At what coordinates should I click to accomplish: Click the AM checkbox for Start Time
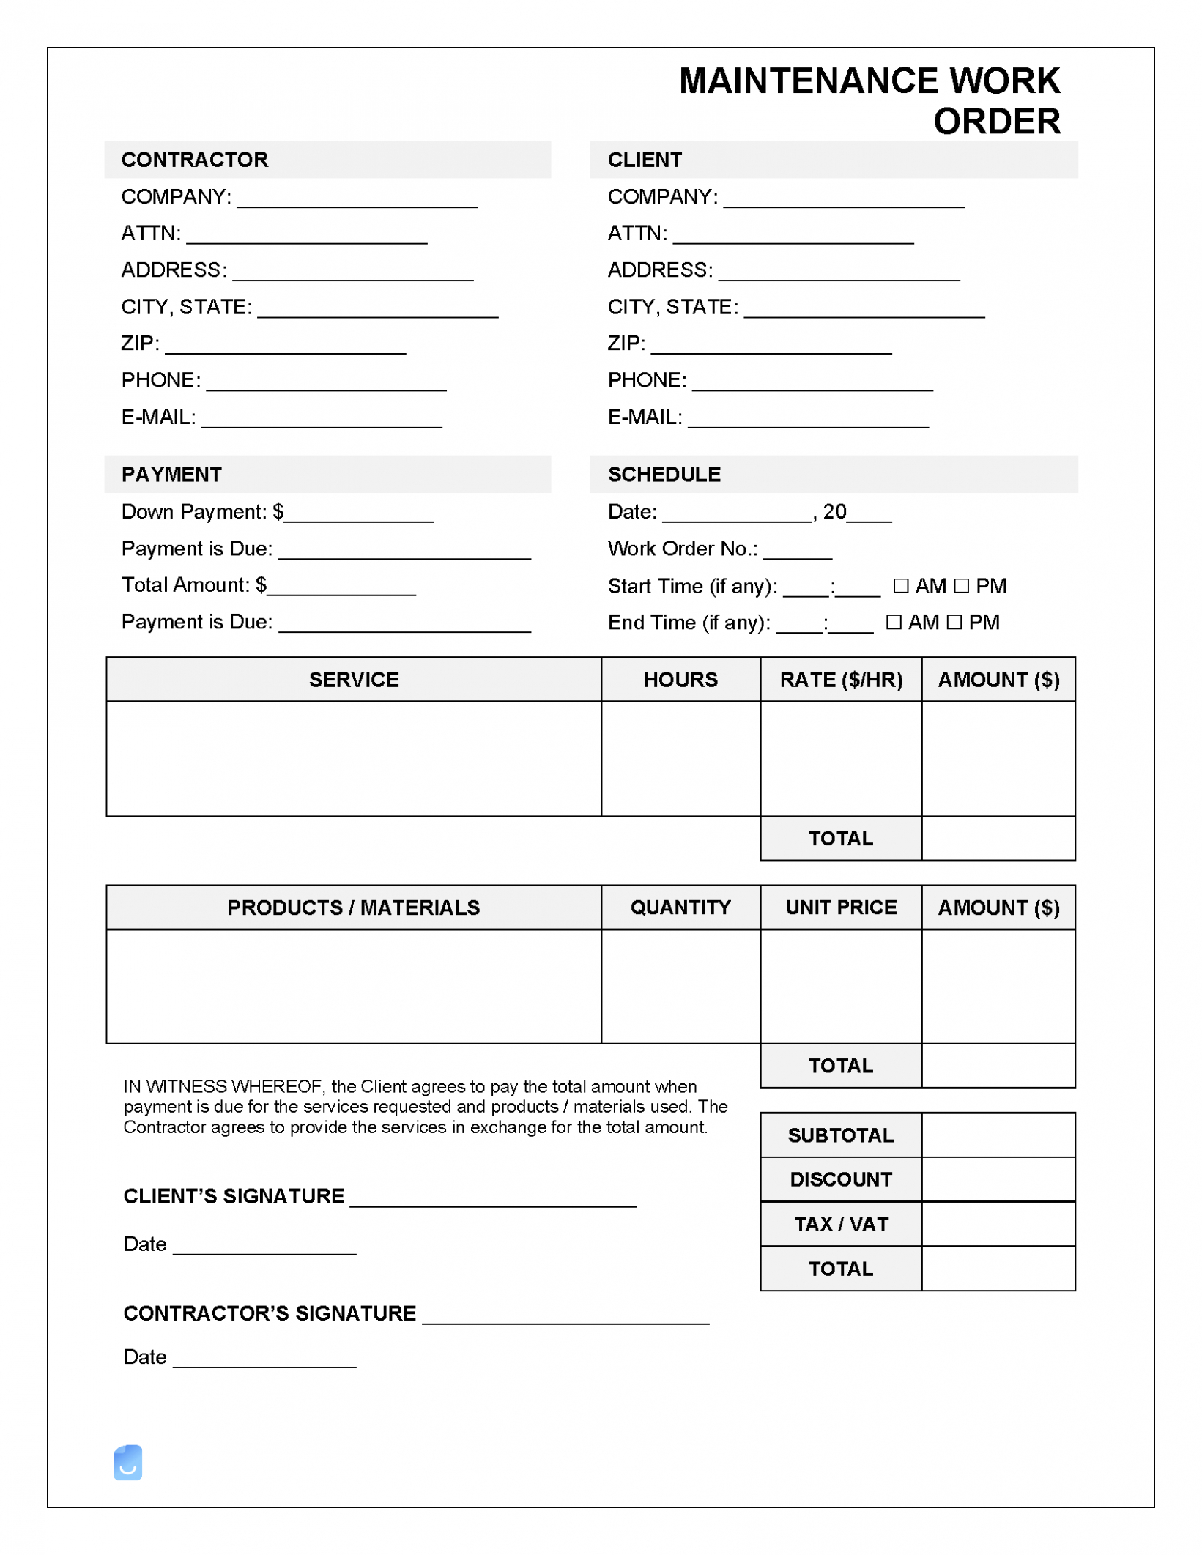pos(901,586)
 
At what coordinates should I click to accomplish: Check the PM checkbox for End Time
pos(954,623)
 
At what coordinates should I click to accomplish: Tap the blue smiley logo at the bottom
pos(127,1463)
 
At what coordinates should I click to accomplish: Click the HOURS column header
pos(680,680)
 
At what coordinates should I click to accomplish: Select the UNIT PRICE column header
pos(841,908)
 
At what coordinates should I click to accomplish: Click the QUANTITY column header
pos(680,908)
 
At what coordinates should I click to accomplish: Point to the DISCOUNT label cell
pos(841,1179)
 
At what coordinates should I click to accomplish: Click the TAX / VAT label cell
pos(841,1224)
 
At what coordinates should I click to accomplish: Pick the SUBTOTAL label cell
pos(841,1135)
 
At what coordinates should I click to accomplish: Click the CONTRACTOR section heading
pos(195,160)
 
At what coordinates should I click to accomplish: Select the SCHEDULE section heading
pos(664,475)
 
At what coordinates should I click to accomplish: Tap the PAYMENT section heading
pos(171,475)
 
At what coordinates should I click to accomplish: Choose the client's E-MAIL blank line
pos(809,421)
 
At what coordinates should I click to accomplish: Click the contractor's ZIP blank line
pos(286,348)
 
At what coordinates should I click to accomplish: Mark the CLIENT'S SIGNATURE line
pos(493,1200)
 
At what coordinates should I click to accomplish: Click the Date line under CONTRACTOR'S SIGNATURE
pos(264,1361)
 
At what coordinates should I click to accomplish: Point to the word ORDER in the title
pos(996,122)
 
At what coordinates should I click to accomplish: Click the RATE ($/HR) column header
pos(841,680)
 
